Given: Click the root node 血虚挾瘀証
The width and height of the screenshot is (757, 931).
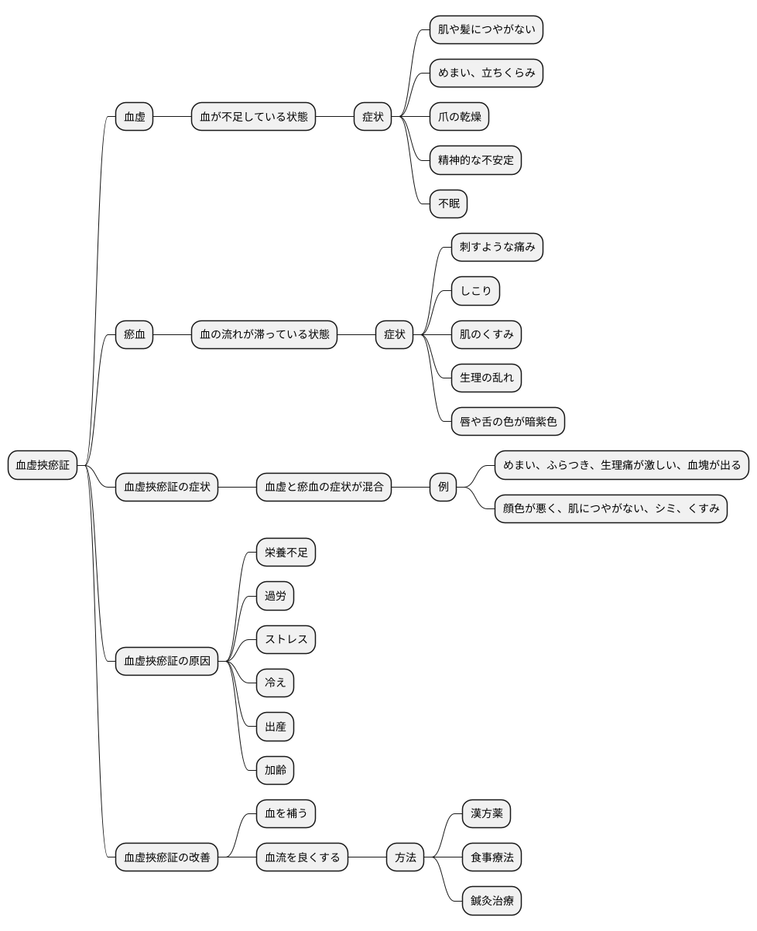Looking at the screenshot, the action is (x=43, y=464).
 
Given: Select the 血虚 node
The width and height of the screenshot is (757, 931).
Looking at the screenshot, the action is (x=134, y=116).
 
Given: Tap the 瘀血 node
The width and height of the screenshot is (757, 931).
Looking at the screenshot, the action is (x=134, y=334).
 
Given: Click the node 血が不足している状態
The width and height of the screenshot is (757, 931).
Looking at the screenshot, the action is (x=254, y=116).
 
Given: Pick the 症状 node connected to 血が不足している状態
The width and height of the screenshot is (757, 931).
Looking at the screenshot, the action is (x=372, y=116).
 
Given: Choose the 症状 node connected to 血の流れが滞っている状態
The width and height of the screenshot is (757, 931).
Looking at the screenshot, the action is (x=394, y=334).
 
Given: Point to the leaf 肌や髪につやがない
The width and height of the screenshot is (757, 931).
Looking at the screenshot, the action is (x=486, y=29).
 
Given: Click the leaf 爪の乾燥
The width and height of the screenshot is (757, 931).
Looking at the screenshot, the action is (x=459, y=116).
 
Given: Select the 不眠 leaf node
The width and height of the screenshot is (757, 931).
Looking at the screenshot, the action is (x=448, y=204).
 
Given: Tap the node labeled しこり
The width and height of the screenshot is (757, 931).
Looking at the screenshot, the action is (x=475, y=291).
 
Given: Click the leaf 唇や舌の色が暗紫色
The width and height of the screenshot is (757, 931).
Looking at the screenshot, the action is (x=508, y=421).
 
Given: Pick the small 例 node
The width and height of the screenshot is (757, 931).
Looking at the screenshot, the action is (x=444, y=487).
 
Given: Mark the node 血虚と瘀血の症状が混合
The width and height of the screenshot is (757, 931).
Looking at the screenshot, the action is (x=324, y=487).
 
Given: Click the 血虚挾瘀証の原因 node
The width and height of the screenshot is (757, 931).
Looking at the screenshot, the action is (x=166, y=662).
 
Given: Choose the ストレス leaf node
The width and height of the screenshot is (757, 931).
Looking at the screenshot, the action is (x=286, y=639).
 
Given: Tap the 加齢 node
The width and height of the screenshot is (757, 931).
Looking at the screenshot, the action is (x=275, y=770).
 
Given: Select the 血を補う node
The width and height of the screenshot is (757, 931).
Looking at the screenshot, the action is (x=286, y=813).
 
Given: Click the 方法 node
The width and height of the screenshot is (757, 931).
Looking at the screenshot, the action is (x=405, y=857).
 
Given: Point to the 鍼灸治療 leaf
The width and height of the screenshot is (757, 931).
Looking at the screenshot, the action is (x=492, y=900).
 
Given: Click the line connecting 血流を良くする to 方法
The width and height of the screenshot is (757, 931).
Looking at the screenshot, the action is (x=367, y=857).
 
